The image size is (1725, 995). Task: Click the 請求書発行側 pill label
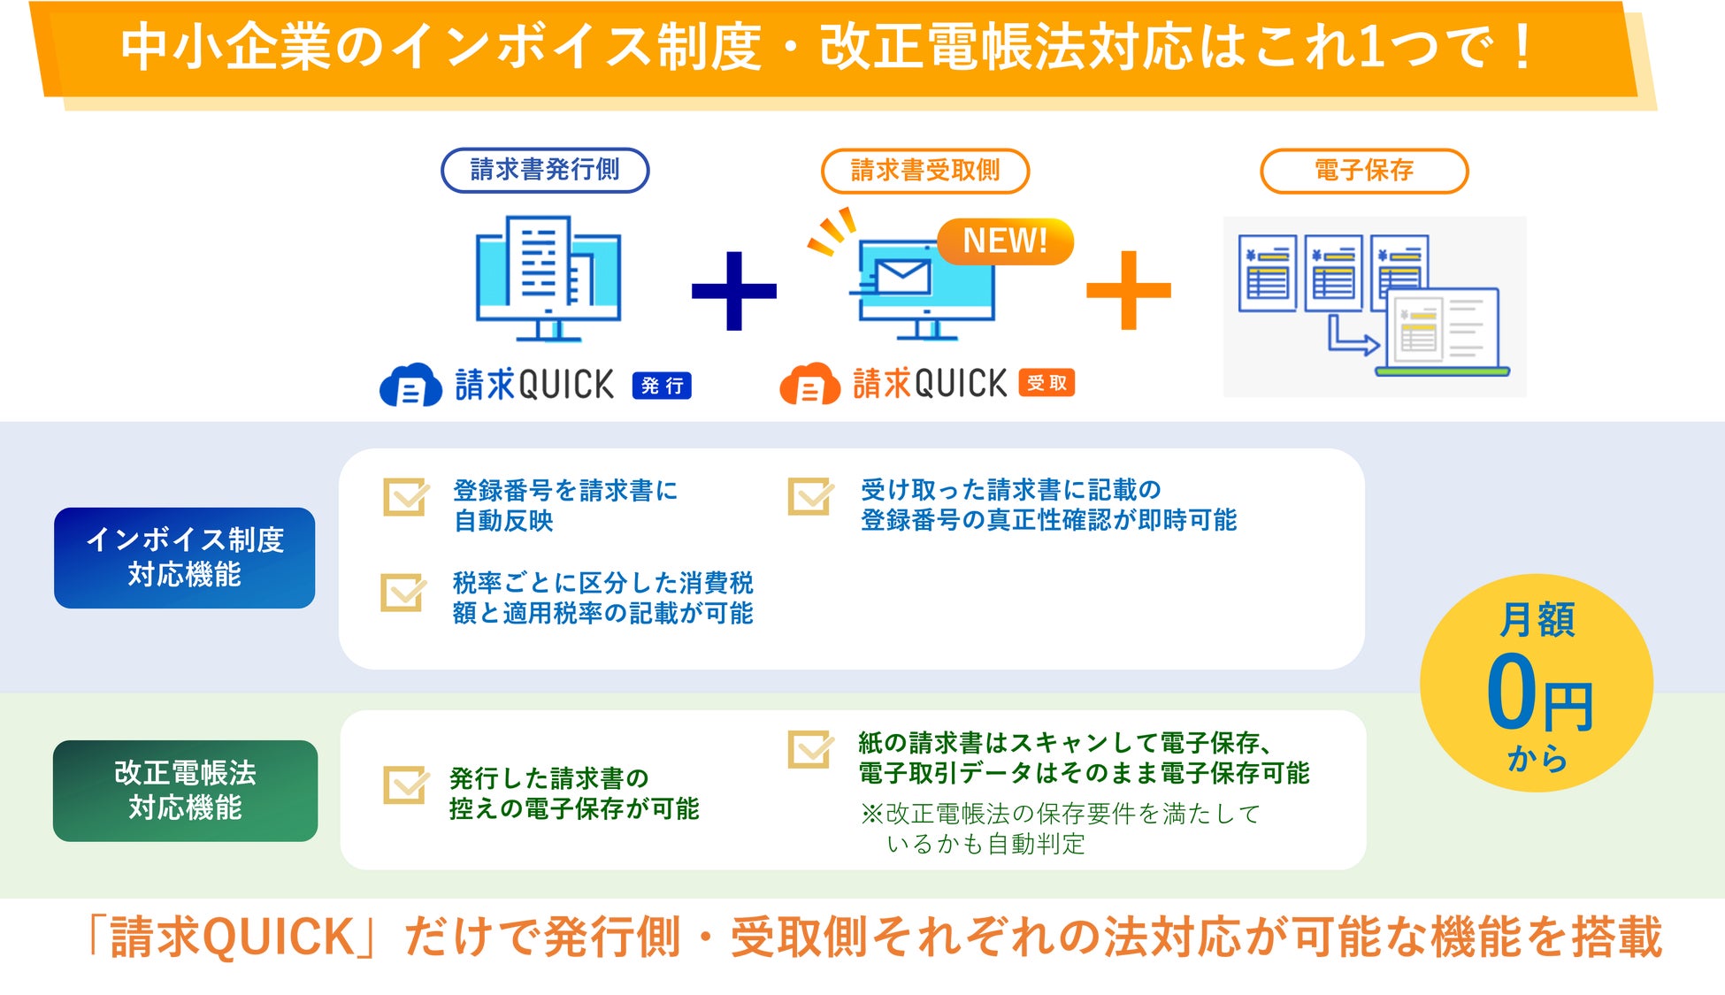(545, 170)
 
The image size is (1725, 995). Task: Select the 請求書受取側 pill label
(925, 171)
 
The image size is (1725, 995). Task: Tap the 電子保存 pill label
(1364, 171)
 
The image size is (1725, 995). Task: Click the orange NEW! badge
(1005, 241)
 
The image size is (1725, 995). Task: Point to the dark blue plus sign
(733, 290)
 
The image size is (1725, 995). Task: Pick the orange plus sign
(1128, 290)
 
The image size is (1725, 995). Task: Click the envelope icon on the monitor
(902, 277)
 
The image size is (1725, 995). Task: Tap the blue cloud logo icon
(410, 386)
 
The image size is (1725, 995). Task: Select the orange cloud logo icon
(809, 386)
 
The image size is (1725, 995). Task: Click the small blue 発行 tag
(662, 386)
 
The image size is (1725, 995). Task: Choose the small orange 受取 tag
(1046, 383)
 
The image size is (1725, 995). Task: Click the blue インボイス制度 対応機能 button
(184, 557)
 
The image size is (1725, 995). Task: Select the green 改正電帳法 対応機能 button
(185, 790)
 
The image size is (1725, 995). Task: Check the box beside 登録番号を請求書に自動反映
(405, 497)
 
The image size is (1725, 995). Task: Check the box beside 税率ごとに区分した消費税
(402, 593)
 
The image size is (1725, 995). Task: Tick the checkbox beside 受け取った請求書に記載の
(809, 496)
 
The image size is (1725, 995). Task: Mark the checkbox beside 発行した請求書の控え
(405, 785)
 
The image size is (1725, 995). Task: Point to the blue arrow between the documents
(1352, 337)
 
